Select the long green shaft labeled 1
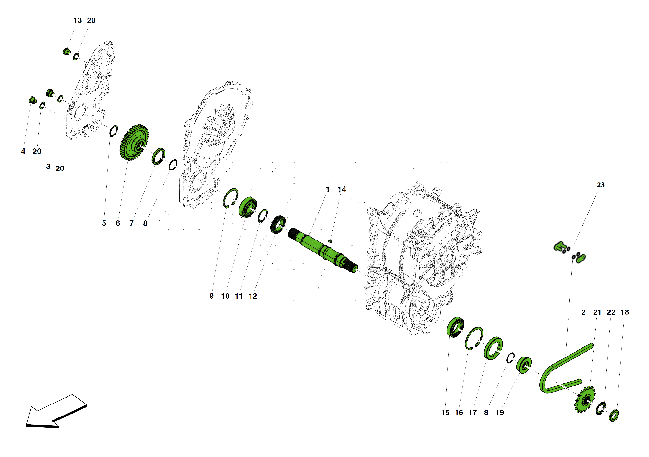point(321,250)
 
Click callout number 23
point(601,185)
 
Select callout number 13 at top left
point(78,20)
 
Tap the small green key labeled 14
point(330,241)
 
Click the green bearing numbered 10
point(248,207)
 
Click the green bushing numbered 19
point(523,365)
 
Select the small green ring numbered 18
point(614,416)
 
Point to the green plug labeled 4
point(32,100)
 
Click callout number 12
point(252,296)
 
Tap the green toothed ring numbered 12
point(278,224)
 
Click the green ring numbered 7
point(158,156)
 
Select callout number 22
point(611,312)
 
